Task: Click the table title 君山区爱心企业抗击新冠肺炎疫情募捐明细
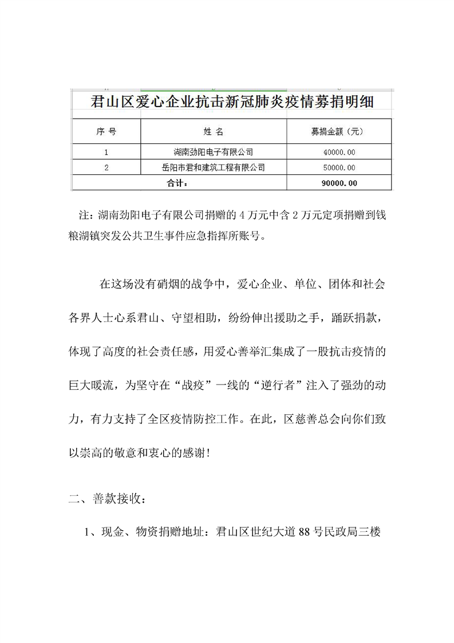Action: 232,103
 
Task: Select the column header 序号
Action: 106,132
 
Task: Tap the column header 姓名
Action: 213,132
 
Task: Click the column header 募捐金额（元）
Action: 338,132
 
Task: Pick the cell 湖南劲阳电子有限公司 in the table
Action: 213,152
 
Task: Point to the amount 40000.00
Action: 339,152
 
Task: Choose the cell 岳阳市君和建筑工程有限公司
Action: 213,168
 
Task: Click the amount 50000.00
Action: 339,168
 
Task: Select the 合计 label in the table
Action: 177,183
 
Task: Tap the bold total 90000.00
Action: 339,183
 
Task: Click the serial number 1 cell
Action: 106,152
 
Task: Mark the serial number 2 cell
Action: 106,168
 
